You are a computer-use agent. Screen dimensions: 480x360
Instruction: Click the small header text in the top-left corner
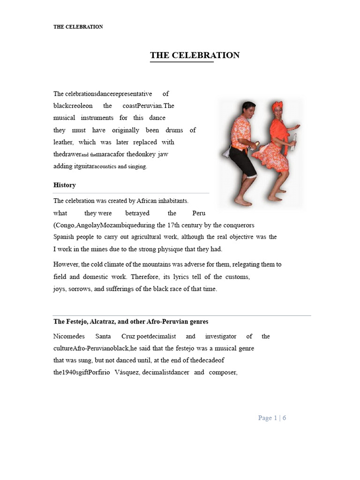point(78,27)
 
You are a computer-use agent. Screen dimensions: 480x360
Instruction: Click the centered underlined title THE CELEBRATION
point(195,55)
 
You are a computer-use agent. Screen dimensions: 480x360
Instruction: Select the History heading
point(65,185)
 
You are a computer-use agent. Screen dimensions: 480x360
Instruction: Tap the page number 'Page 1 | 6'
point(272,418)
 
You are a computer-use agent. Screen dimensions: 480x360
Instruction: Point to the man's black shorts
point(243,162)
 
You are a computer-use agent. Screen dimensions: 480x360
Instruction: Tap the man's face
point(248,112)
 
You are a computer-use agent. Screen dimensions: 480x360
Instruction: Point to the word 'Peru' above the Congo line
point(199,213)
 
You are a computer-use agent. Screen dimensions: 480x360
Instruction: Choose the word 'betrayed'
point(137,213)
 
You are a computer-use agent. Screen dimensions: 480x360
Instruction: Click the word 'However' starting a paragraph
point(66,264)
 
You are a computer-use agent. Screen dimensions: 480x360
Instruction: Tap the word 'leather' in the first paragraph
point(63,142)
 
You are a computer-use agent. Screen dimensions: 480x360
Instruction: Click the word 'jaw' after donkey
point(163,154)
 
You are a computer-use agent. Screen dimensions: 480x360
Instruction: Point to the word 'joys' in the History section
point(59,289)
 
